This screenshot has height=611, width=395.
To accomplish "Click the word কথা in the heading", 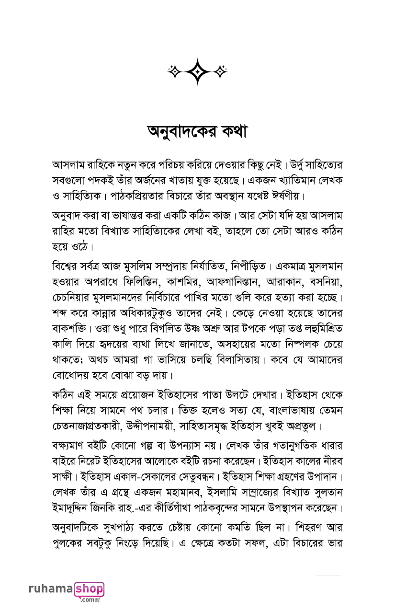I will click(229, 132).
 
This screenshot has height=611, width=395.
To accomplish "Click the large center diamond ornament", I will click(197, 71).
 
